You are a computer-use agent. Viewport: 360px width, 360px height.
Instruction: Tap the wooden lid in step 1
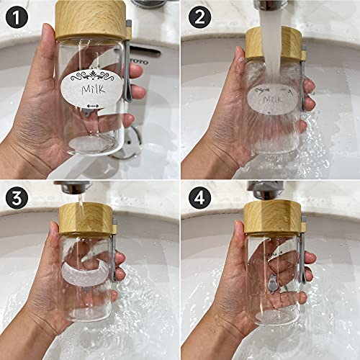90,18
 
